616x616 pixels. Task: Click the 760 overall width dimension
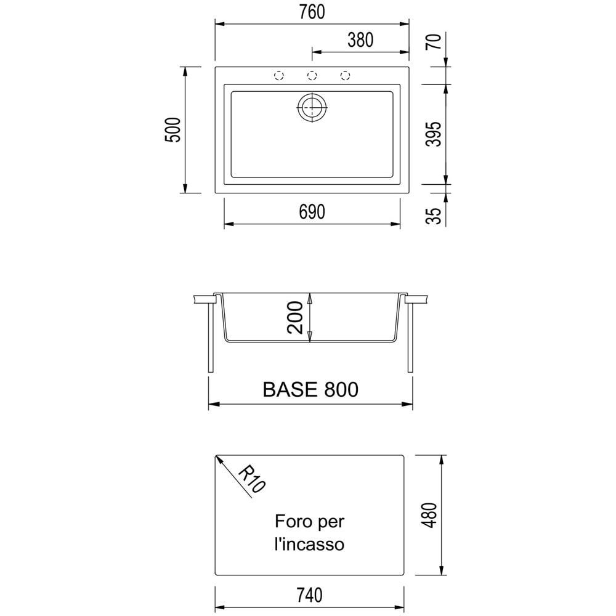[x=312, y=12]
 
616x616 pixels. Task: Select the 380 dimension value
[x=360, y=40]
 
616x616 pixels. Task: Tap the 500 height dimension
[x=173, y=129]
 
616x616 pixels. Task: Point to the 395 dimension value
[x=434, y=134]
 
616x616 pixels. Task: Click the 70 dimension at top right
[x=434, y=41]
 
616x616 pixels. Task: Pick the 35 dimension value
[x=434, y=215]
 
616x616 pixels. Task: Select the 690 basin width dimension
[x=312, y=212]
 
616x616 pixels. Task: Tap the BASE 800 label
[x=310, y=389]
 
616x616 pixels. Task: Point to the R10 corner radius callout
[x=252, y=478]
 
